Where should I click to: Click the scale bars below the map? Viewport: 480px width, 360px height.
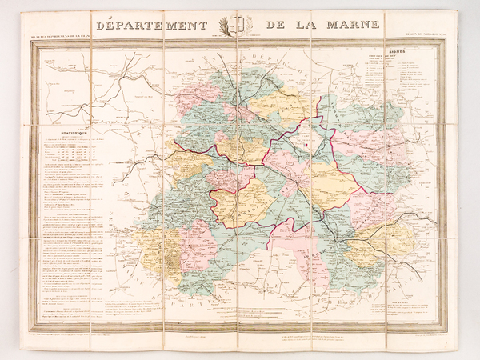click(x=240, y=308)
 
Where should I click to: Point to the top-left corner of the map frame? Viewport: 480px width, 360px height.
click(x=31, y=42)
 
